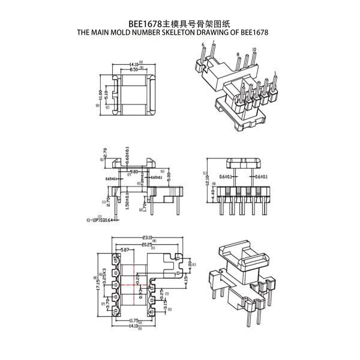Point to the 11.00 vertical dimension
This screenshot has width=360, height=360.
click(x=101, y=95)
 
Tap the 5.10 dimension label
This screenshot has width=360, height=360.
click(x=107, y=95)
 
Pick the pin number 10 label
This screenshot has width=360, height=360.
click(x=254, y=49)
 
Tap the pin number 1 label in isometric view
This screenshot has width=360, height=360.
click(x=275, y=73)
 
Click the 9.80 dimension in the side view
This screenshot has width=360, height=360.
click(x=134, y=171)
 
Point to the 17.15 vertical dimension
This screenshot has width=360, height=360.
click(x=98, y=280)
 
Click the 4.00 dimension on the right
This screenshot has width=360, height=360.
click(x=190, y=264)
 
